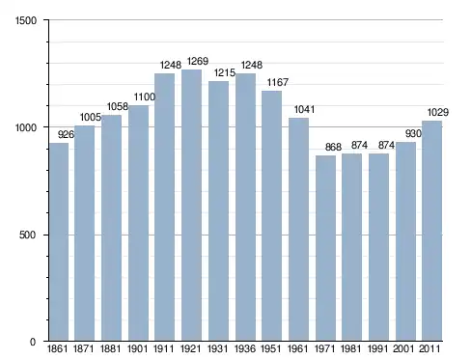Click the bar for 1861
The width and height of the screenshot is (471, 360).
[x=59, y=242]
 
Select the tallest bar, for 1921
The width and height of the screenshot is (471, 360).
[x=191, y=206]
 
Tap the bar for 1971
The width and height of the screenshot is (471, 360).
[x=325, y=248]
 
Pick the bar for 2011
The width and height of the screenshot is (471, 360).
[x=431, y=231]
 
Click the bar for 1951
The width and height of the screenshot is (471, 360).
[x=271, y=216]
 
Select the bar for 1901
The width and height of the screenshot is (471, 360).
[x=138, y=223]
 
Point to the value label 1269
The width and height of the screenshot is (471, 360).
[x=198, y=61]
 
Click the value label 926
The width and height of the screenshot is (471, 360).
[x=66, y=134]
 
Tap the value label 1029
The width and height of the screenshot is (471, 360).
[x=437, y=112]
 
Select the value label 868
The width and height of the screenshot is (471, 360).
[x=333, y=147]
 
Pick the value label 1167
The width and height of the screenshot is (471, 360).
[x=278, y=82]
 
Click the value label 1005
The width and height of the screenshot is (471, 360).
[x=91, y=117]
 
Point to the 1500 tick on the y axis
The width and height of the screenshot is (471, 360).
[x=26, y=20]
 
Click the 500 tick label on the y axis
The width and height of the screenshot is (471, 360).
[x=27, y=235]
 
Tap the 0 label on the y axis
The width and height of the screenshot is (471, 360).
[x=33, y=342]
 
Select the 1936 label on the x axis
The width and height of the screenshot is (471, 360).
[x=245, y=348]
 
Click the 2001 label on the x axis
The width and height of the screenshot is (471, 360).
[x=403, y=348]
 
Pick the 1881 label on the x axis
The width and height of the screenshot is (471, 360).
[x=110, y=348]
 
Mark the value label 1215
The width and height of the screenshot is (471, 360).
[x=225, y=72]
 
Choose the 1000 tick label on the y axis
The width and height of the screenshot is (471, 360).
[x=26, y=127]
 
